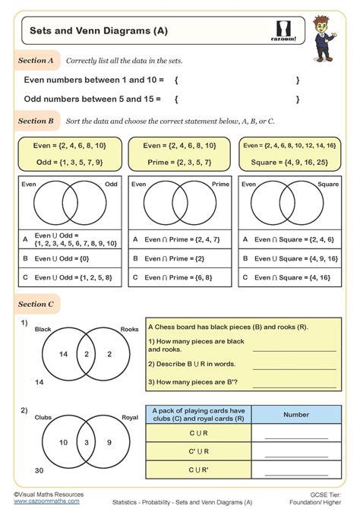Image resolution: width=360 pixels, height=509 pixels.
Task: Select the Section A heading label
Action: click(36, 60)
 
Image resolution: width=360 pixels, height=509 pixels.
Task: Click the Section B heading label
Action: click(36, 120)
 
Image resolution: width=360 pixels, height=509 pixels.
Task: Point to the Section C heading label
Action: click(36, 305)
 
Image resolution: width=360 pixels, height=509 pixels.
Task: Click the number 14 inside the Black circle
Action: click(64, 355)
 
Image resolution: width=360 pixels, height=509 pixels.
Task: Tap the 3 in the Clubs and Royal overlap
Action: click(87, 441)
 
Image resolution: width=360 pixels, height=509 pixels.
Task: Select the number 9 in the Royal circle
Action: click(109, 441)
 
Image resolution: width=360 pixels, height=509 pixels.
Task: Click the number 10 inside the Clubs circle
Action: click(64, 441)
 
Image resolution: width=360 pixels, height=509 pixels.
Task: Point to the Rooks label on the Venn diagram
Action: click(128, 329)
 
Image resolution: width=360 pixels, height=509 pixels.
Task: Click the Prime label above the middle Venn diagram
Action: click(219, 184)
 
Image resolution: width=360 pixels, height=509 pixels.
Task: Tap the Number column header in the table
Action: click(295, 415)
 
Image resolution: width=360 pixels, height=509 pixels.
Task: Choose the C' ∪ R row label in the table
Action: click(197, 453)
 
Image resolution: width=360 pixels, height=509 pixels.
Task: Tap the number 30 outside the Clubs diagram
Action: click(27, 470)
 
